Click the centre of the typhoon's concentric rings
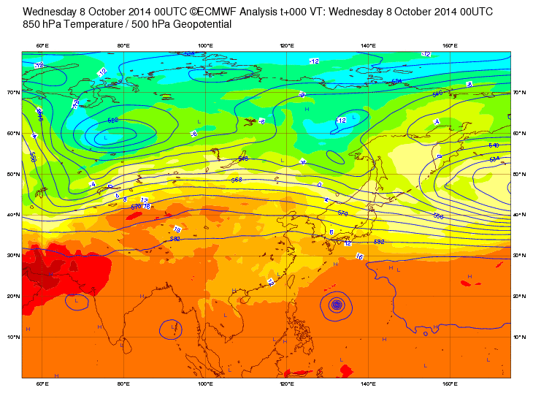(337, 305)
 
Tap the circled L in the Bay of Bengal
(172, 329)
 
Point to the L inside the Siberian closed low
(106, 137)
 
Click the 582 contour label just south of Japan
(379, 242)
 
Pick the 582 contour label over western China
(175, 239)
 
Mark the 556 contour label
(439, 216)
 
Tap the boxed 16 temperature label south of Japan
(358, 256)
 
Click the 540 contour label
(494, 145)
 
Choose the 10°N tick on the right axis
(520, 337)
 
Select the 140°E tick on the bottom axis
(368, 384)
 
